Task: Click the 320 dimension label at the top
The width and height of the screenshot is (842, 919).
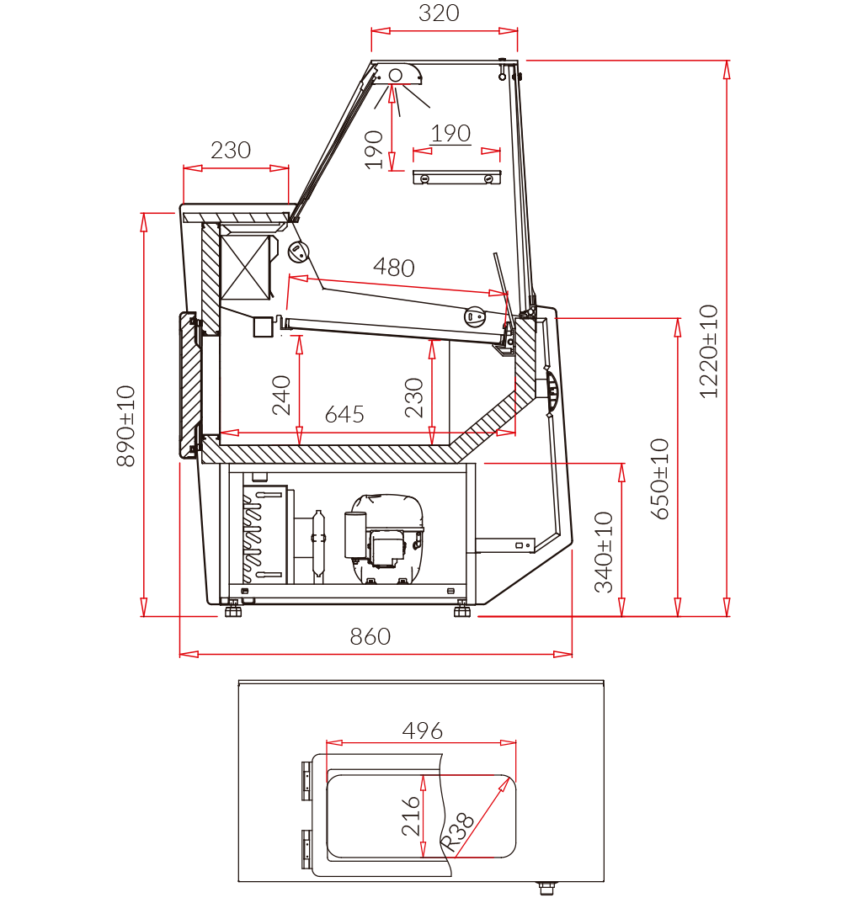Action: [439, 13]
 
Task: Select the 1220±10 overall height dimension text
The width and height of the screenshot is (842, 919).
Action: [709, 352]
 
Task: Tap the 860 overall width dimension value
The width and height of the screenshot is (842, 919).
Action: [370, 636]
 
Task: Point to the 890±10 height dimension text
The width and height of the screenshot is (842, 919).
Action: [126, 426]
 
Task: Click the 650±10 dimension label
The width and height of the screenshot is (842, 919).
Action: [660, 479]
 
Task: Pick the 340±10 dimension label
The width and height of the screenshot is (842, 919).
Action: [604, 553]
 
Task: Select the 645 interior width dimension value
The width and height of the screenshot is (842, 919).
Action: [344, 414]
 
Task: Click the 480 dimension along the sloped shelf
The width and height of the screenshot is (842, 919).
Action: [394, 268]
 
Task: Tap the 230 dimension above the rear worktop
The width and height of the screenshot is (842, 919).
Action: [231, 151]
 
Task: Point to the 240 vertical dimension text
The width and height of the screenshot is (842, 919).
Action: [282, 396]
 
